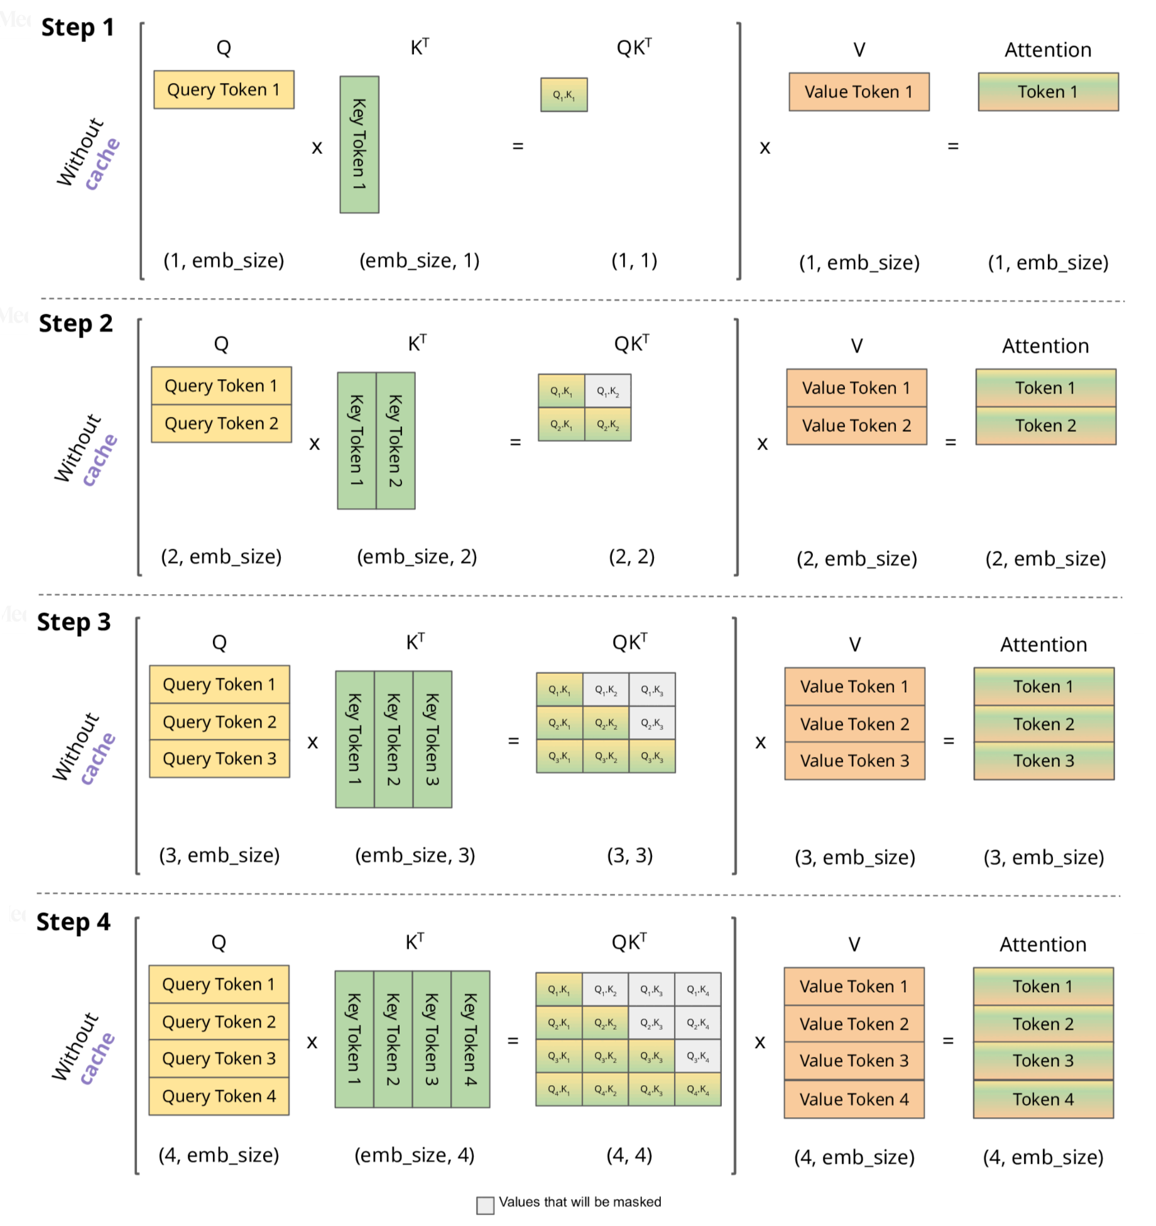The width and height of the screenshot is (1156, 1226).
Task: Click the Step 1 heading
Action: pos(77,28)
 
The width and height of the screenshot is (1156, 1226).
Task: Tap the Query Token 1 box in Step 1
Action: pos(224,90)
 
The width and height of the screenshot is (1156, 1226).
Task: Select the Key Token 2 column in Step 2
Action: pos(395,441)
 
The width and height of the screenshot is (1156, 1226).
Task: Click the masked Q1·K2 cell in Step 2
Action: pos(608,391)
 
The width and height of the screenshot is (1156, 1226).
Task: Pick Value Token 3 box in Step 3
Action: pos(854,761)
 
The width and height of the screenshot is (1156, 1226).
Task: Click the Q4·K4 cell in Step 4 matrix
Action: pos(697,1090)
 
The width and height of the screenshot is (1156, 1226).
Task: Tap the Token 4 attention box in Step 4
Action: pos(1043,1099)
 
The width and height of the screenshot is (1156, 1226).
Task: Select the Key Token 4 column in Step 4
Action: pos(470,1039)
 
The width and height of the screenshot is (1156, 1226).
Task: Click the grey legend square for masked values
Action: pos(485,1205)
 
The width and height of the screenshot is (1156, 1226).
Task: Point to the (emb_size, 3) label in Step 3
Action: pos(415,855)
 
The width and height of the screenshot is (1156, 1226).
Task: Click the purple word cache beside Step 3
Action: pos(99,759)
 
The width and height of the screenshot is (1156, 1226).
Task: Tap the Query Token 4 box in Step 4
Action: pos(219,1096)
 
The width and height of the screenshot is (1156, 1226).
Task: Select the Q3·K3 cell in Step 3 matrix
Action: pos(652,756)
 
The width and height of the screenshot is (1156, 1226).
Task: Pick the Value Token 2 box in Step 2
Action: pos(856,426)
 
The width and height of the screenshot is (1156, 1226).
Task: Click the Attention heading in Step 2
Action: pos(1045,346)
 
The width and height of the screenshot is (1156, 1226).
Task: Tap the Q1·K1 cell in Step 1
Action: pos(564,95)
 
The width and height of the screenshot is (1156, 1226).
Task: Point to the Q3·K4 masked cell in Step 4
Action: pos(697,1056)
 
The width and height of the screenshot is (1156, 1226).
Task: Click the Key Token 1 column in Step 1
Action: pos(359,145)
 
